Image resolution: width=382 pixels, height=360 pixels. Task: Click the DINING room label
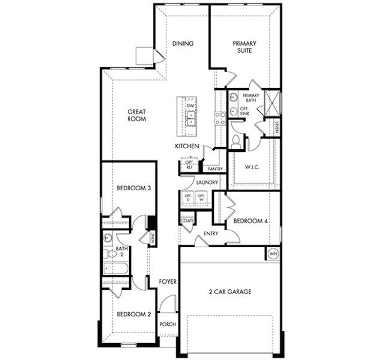(x=183, y=44)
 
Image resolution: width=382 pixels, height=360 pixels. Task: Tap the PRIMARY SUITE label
(x=244, y=47)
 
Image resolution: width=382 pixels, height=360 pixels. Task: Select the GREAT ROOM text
(x=138, y=115)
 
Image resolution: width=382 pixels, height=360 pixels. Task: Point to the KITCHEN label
(x=187, y=146)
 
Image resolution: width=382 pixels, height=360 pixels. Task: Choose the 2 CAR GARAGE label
(x=231, y=292)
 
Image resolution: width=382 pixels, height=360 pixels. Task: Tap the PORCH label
(x=168, y=325)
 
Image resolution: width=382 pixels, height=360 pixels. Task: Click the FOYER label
(x=166, y=281)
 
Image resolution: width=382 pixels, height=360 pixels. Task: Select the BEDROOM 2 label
(x=133, y=314)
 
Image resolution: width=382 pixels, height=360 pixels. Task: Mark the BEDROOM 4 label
(x=250, y=221)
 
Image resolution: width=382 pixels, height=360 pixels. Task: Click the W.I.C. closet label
(x=253, y=167)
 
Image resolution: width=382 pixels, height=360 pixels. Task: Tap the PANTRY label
(x=216, y=169)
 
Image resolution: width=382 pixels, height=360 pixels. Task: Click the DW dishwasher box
(x=190, y=106)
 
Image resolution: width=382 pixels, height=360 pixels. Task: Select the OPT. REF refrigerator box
(x=189, y=165)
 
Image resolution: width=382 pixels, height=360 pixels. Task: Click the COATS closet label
(x=187, y=221)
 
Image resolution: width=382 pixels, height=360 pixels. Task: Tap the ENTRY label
(x=210, y=233)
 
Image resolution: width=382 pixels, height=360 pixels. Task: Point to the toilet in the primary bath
(x=237, y=142)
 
